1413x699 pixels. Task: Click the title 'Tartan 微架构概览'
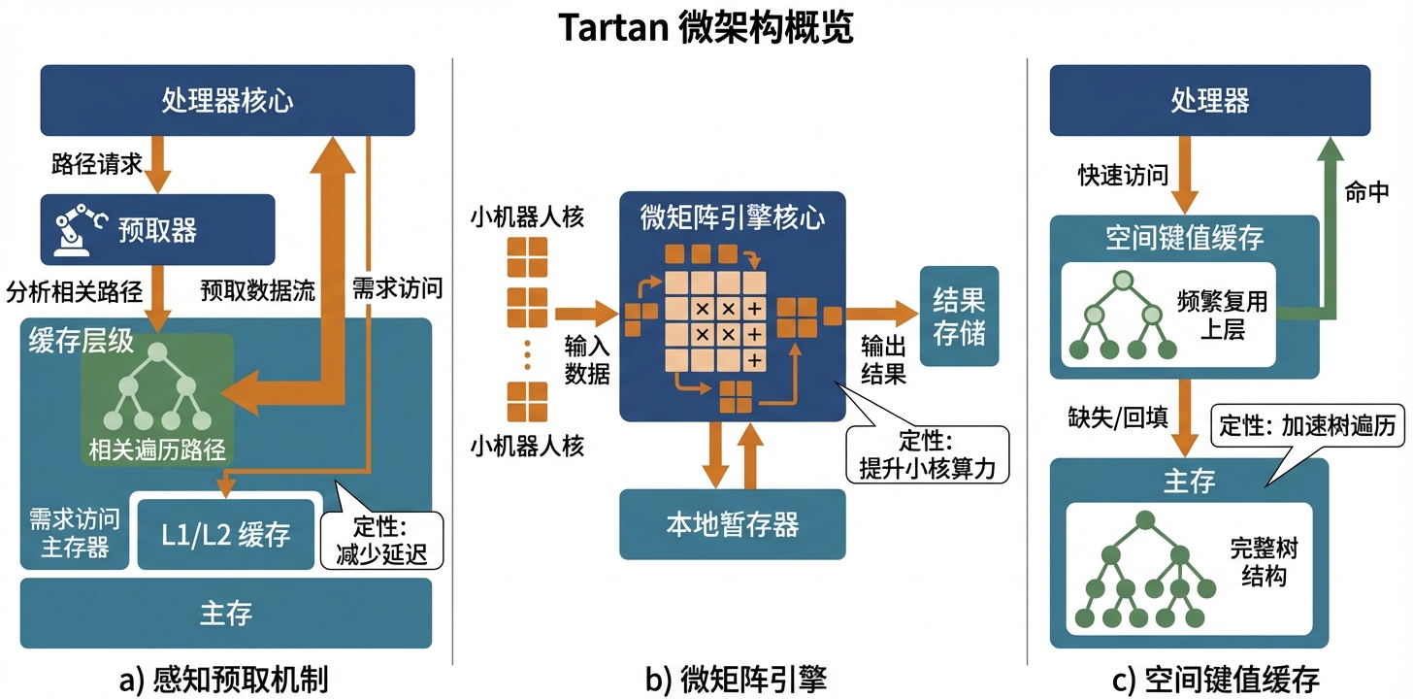706,28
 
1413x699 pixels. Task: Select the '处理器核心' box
227,100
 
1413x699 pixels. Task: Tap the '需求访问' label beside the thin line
397,287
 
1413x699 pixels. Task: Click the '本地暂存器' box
732,524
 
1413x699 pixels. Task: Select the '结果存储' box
959,316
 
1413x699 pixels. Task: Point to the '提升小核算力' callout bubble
933,453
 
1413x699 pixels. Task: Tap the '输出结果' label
883,359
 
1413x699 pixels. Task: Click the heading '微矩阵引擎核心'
732,216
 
